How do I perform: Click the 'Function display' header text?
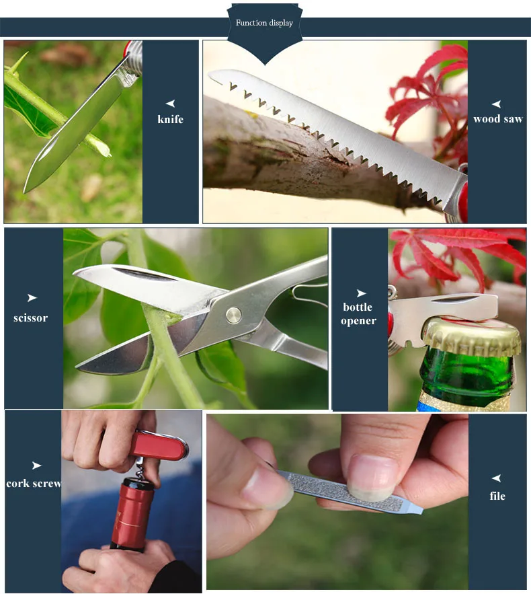(x=264, y=23)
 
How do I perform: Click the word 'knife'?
(x=171, y=119)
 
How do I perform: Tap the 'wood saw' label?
(x=497, y=119)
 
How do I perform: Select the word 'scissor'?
(x=31, y=318)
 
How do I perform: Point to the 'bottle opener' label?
(x=358, y=313)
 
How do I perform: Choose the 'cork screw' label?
(x=34, y=484)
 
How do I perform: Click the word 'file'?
(x=497, y=496)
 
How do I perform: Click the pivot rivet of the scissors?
(x=233, y=312)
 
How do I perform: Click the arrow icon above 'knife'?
(x=171, y=103)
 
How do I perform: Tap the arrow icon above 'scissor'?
(x=32, y=298)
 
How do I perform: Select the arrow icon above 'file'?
(x=497, y=478)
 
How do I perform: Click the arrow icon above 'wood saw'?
(x=497, y=104)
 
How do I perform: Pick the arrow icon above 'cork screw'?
(x=36, y=466)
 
